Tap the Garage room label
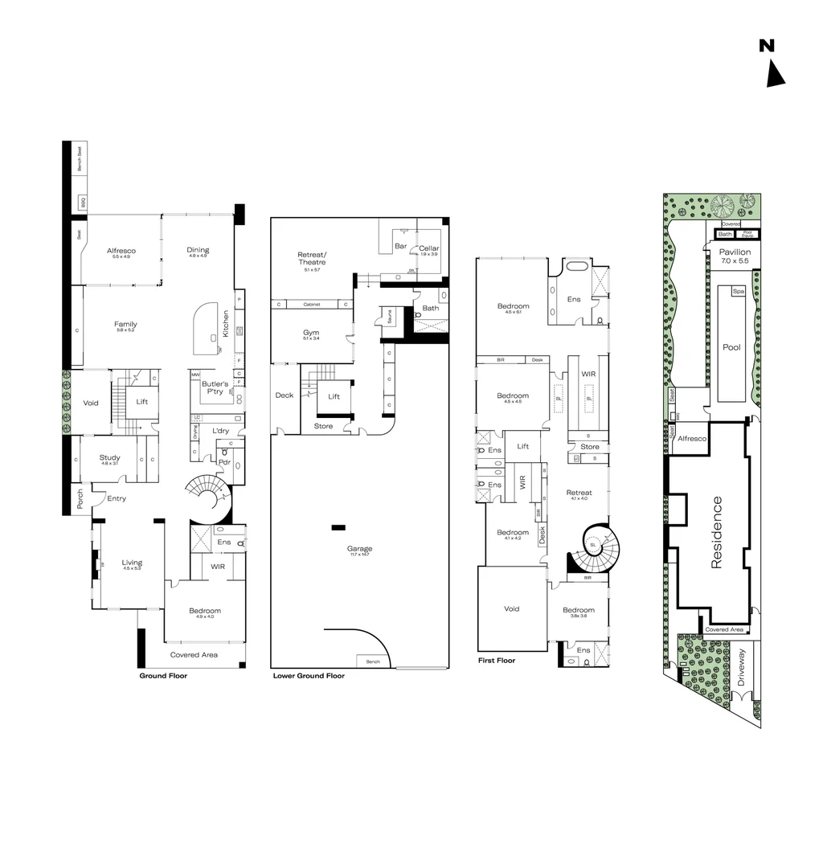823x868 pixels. click(x=360, y=550)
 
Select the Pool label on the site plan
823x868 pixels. click(x=731, y=348)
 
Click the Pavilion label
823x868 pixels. click(x=735, y=252)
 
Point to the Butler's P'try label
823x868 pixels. click(x=215, y=387)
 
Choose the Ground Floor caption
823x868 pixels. click(x=163, y=676)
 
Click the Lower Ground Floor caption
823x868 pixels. click(x=309, y=676)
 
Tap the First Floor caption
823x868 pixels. click(x=496, y=661)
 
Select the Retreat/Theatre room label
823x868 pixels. click(x=312, y=258)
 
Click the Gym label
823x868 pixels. click(x=311, y=333)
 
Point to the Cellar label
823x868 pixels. click(x=428, y=248)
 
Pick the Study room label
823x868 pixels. click(x=109, y=458)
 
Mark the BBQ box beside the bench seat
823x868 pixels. click(x=81, y=203)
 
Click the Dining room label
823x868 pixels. click(x=198, y=250)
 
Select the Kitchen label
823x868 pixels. click(x=226, y=323)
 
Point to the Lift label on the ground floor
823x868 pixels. click(x=142, y=402)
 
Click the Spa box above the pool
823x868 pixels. click(x=738, y=291)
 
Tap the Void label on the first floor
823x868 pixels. click(x=511, y=609)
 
